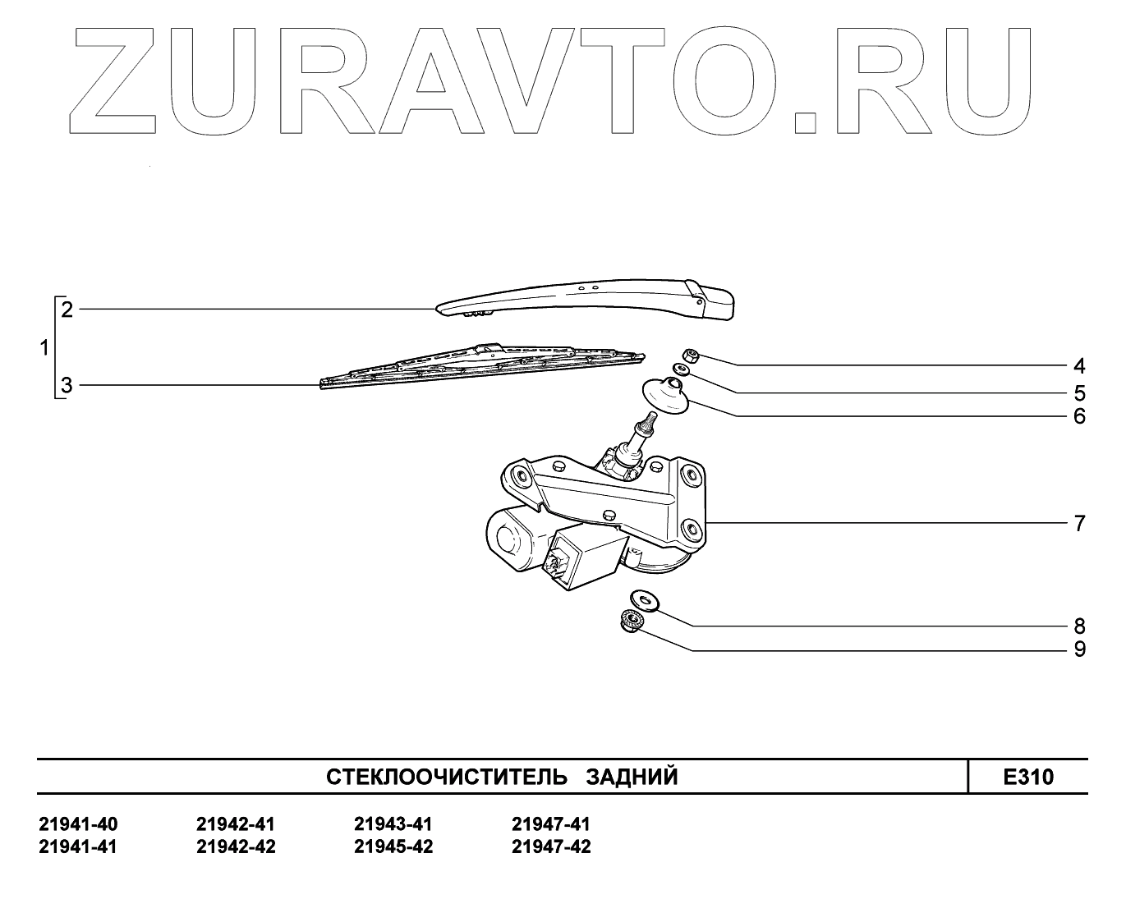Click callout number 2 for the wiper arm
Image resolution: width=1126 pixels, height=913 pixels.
pos(67,310)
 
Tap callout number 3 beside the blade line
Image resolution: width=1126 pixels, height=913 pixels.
pos(67,385)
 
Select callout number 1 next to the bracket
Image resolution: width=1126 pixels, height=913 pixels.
pos(45,348)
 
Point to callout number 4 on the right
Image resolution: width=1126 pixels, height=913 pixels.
pos(1079,365)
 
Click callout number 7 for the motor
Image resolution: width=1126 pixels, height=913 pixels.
pos(1079,523)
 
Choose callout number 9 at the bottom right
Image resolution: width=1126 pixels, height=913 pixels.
pos(1079,649)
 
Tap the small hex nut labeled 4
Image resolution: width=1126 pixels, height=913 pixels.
pos(692,356)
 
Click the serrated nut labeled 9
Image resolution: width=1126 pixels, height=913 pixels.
pos(632,622)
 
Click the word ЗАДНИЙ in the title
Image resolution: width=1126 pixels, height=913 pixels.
pos(632,777)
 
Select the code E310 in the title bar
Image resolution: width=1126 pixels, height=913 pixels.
pos(1027,777)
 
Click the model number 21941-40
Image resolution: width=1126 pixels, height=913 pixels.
pos(78,824)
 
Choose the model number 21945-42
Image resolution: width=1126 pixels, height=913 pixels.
pos(393,846)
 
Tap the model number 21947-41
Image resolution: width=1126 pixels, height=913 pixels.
pos(550,824)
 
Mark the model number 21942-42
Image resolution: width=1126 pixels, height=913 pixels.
pos(236,846)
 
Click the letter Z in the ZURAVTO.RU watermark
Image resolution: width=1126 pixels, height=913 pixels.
pos(119,82)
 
